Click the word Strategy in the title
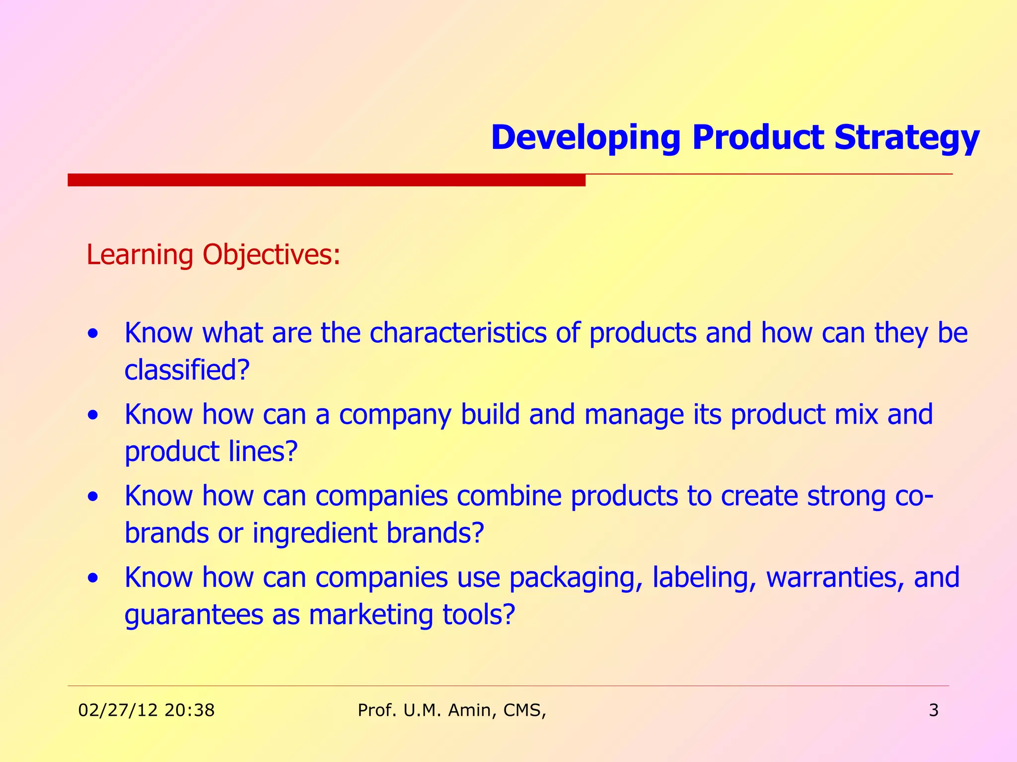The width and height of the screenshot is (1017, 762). (x=906, y=138)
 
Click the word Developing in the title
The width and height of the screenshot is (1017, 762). (x=585, y=138)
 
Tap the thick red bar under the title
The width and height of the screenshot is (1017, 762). (x=326, y=180)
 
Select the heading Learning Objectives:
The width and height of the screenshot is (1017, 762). (x=214, y=255)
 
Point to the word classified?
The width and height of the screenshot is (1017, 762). (x=186, y=370)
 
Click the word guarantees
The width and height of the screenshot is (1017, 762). (x=193, y=615)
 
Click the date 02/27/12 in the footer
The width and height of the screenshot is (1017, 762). (x=118, y=710)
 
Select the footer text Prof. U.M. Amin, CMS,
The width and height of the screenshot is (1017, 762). (x=451, y=710)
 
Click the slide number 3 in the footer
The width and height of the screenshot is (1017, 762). (x=933, y=710)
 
